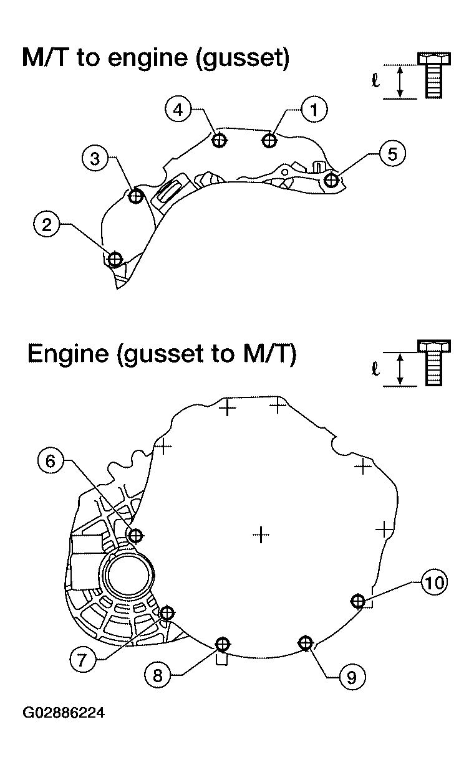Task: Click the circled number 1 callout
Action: click(314, 110)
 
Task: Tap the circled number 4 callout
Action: click(178, 110)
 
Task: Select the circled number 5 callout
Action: click(392, 154)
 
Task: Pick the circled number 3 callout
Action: click(95, 158)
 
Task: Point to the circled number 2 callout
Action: click(47, 225)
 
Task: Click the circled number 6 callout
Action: click(51, 462)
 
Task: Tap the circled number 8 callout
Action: click(157, 675)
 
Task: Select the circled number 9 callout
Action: click(352, 677)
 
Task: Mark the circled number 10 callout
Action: click(434, 582)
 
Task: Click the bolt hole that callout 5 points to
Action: click(331, 179)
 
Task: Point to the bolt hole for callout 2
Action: click(115, 259)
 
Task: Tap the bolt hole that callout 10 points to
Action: click(359, 601)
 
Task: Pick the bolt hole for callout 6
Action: click(136, 535)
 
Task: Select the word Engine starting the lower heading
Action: click(68, 354)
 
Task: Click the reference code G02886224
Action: click(64, 713)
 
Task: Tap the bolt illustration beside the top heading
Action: click(434, 75)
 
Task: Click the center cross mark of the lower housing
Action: click(261, 535)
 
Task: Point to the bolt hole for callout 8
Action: click(222, 644)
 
